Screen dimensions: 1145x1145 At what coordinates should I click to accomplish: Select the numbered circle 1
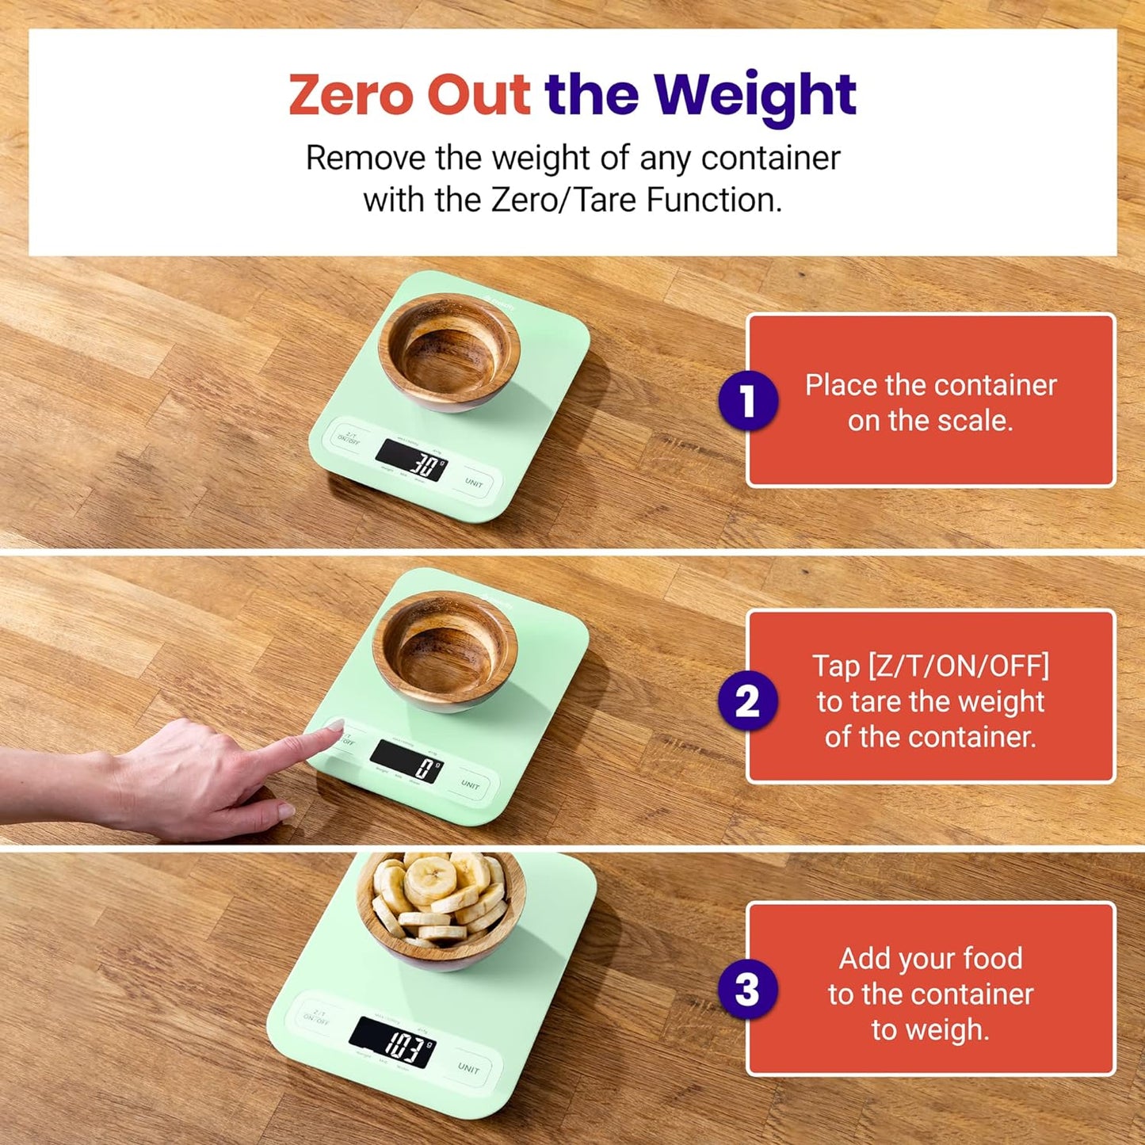(x=747, y=401)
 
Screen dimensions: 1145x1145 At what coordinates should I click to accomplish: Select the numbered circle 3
(x=747, y=989)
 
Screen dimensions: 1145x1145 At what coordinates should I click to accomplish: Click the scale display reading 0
(x=407, y=762)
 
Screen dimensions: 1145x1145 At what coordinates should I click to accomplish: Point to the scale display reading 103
(x=393, y=1043)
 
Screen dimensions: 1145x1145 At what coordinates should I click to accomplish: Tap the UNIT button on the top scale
(x=474, y=483)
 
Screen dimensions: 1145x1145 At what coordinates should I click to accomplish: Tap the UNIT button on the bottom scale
(x=468, y=1068)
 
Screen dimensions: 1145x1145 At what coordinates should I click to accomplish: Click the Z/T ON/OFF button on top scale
(x=349, y=437)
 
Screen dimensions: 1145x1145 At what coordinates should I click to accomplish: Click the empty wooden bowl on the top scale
(x=449, y=351)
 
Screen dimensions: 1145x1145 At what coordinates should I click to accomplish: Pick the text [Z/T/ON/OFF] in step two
(x=930, y=666)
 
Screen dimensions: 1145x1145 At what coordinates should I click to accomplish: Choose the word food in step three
(x=993, y=959)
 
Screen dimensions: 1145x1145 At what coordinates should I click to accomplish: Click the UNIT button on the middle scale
(x=471, y=784)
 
